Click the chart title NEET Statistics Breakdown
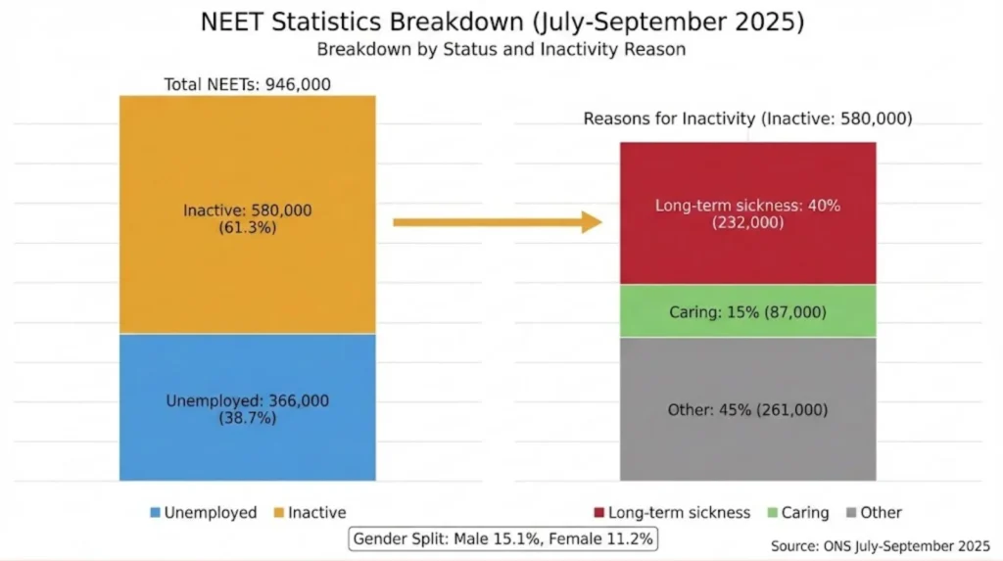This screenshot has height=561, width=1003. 501,22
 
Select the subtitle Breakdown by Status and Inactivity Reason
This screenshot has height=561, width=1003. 501,48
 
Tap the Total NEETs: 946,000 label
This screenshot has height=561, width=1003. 247,84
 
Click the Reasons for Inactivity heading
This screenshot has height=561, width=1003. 747,118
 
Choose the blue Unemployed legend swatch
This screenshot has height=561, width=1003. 155,513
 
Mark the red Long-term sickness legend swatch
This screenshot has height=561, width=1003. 597,513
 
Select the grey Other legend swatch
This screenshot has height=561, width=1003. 851,513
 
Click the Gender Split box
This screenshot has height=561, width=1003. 502,538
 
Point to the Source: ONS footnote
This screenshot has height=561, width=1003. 881,543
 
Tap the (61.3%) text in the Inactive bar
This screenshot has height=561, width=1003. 247,228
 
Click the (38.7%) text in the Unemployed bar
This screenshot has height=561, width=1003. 247,418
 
